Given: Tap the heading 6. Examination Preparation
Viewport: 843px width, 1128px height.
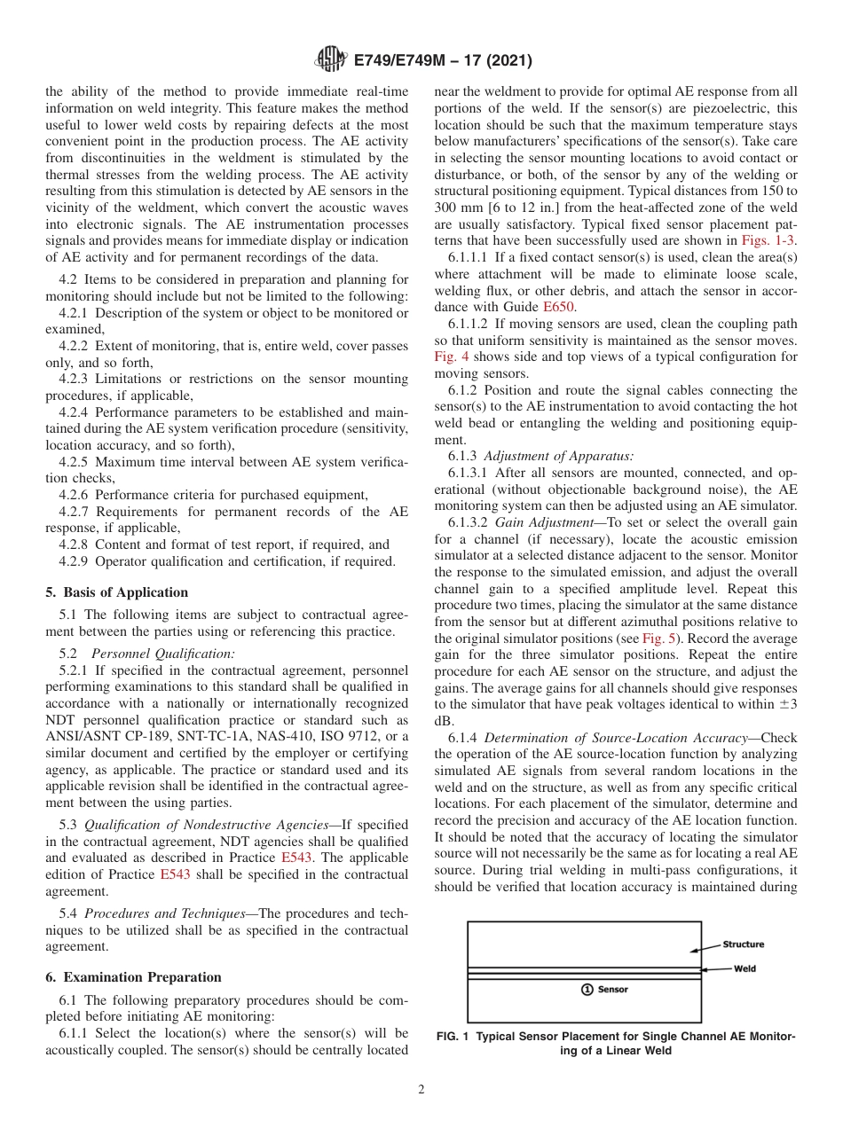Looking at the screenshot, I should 133,977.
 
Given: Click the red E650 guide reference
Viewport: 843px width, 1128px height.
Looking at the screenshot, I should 561,307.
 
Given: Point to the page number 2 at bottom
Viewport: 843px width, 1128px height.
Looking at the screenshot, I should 421,1090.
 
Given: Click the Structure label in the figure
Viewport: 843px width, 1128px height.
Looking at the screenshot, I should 743,944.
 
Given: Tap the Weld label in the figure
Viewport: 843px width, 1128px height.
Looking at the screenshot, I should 745,968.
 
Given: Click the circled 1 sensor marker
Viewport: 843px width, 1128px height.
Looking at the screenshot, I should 587,990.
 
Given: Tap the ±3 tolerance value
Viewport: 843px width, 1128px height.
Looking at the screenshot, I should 786,705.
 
